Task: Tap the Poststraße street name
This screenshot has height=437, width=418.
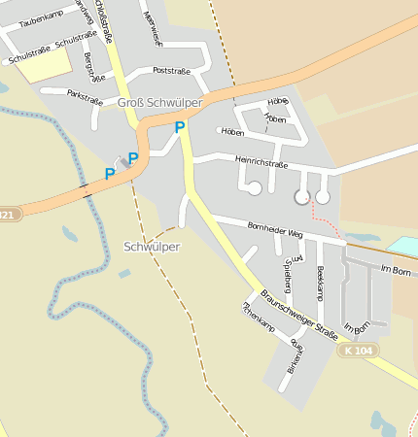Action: pos(172,71)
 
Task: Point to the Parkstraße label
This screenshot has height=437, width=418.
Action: pos(85,95)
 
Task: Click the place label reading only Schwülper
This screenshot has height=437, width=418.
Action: pos(152,247)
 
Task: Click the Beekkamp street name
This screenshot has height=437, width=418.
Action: pos(320,283)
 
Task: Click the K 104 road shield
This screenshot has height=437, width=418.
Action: pos(357,350)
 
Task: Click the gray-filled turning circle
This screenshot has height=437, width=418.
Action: pos(301,197)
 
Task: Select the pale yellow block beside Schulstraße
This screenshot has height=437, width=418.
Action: pos(44,64)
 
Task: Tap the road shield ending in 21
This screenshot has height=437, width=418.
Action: pos(8,215)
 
